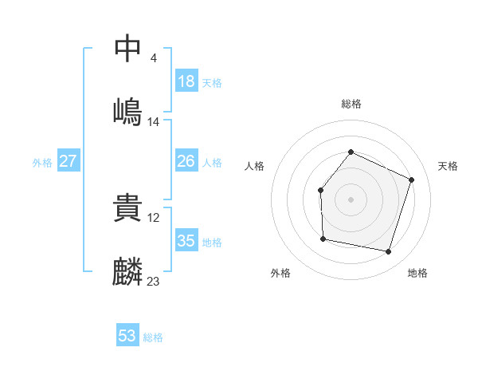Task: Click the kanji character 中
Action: point(128,49)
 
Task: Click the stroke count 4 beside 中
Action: point(153,57)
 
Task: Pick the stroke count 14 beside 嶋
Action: point(154,121)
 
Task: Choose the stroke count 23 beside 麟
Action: point(154,281)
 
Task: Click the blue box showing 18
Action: point(186,81)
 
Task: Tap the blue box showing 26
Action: point(186,161)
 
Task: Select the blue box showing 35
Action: point(186,240)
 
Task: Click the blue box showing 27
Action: point(69,161)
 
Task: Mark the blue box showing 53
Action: point(127,336)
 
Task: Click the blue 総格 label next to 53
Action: point(153,337)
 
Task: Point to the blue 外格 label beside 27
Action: point(42,163)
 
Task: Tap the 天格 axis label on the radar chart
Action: point(448,166)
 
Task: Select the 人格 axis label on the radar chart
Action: point(254,166)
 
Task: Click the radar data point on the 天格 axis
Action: point(412,180)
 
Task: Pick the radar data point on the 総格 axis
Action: point(351,152)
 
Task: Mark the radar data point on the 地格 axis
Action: point(388,251)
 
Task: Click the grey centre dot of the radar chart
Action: point(351,199)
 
